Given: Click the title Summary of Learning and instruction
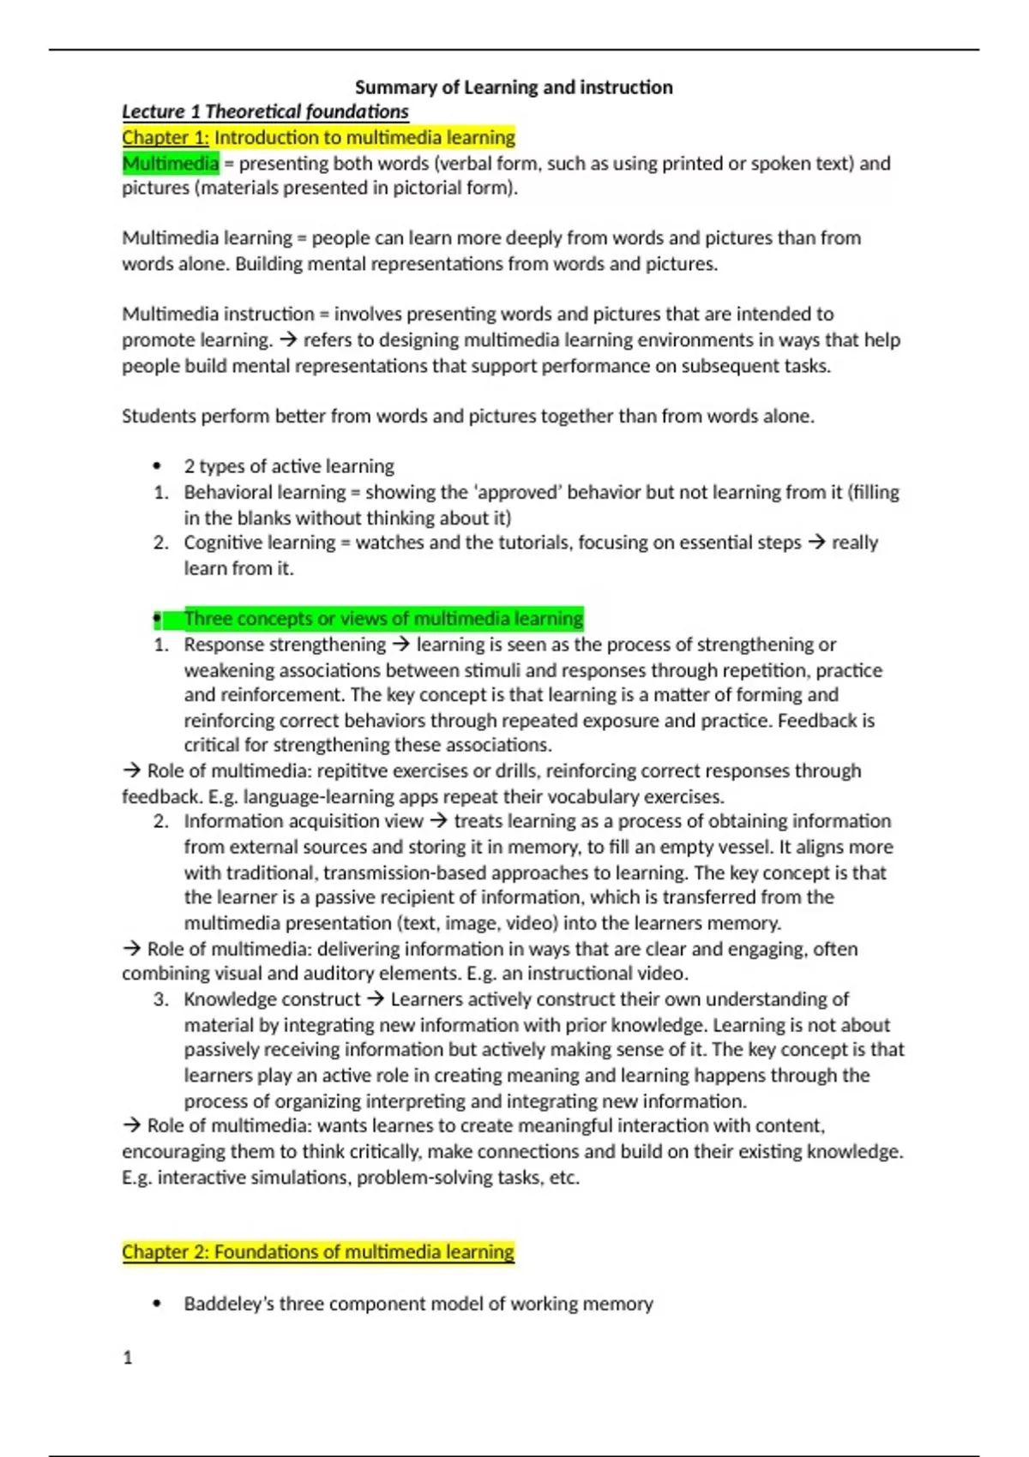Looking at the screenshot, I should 514,87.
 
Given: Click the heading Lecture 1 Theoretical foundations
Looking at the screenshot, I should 265,111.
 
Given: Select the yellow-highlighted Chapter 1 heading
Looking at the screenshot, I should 318,137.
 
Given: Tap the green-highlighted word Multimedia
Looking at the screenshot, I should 170,163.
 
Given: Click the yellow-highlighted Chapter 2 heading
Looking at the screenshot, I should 318,1252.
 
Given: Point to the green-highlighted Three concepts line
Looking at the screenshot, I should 382,618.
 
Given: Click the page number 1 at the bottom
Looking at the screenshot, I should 128,1358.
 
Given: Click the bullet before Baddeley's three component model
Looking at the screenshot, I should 157,1304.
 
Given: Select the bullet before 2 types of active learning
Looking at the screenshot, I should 157,466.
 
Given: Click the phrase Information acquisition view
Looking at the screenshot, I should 304,821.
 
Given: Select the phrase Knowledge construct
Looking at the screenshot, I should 272,999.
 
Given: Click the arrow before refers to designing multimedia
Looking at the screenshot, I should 287,340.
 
